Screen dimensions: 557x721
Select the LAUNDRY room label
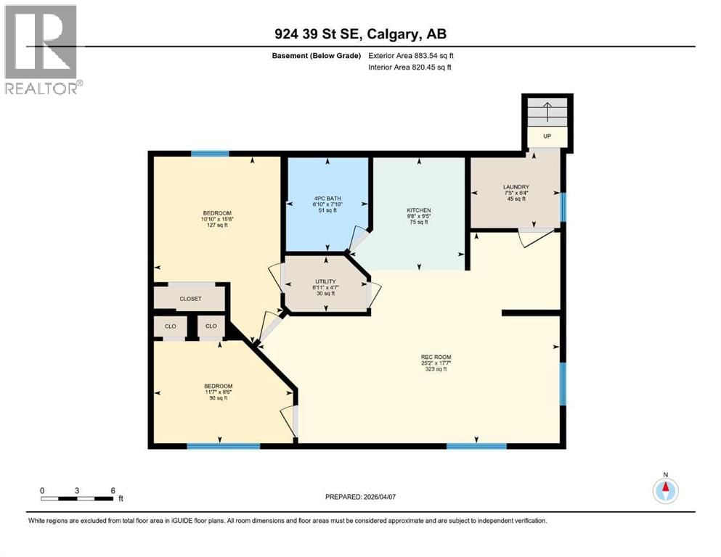(516, 187)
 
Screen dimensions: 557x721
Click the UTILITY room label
(325, 281)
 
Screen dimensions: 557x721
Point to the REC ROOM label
(436, 357)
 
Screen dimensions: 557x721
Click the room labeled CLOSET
(191, 299)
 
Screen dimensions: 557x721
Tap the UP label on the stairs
(547, 136)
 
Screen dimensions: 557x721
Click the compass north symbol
(665, 490)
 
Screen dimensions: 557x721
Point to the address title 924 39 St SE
(360, 33)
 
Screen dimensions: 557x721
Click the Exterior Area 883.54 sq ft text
(411, 55)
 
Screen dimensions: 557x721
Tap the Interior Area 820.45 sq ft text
(411, 67)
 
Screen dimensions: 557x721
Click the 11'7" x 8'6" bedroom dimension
(217, 392)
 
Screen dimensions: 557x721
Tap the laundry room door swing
(535, 238)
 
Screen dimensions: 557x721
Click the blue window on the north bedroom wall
(210, 154)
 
